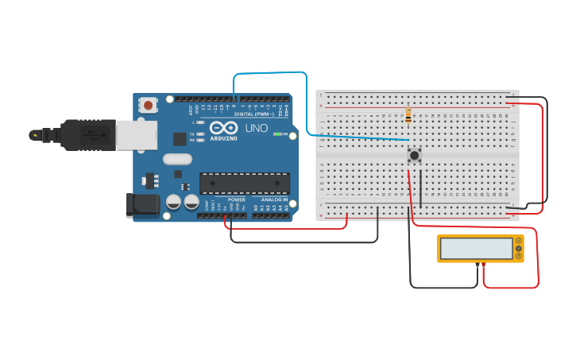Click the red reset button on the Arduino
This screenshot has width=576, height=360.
click(148, 104)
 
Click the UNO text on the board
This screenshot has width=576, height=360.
click(256, 128)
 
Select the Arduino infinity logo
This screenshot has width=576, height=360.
click(224, 127)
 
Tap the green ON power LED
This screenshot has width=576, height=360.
click(275, 134)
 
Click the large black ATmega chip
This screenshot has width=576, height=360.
click(244, 183)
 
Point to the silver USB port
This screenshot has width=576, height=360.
click(136, 135)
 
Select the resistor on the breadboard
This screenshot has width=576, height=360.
click(408, 116)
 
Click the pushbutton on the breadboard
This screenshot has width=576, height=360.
click(414, 155)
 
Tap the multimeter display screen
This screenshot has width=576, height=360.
click(477, 249)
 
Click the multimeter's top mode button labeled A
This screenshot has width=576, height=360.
click(519, 241)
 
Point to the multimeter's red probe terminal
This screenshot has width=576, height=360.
click(484, 264)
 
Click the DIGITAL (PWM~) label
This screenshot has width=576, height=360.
click(256, 114)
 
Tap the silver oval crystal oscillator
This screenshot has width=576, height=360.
click(178, 158)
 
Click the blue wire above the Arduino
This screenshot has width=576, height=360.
click(270, 73)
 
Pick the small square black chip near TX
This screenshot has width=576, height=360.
click(180, 138)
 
